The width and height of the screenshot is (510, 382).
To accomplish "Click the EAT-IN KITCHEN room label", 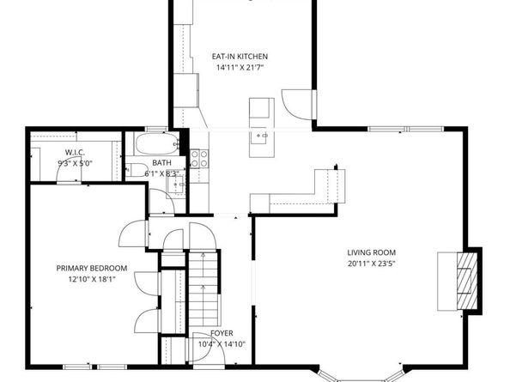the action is coord(240,57).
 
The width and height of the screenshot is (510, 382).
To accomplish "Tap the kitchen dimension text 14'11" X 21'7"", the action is coord(240,68).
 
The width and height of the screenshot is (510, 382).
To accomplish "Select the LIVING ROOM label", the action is coord(372,252).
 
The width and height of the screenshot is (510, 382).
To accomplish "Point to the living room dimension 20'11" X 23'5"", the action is coord(372,264).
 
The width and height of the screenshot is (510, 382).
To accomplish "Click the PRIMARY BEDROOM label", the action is coord(92,268).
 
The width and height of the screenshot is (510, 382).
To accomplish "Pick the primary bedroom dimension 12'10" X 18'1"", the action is coord(92,279).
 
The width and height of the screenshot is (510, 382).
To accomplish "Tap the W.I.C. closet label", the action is coord(75,152).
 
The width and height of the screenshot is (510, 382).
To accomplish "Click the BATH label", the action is coord(161,162).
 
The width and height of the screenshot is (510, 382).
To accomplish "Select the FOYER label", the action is coord(222,333).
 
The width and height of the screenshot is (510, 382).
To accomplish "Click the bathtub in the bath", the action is coord(157,143).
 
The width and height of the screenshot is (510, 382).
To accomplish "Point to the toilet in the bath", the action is coord(137,170).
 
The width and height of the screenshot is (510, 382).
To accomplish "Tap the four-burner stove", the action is coord(198,159).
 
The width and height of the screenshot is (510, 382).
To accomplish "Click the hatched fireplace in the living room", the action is coord(467,281).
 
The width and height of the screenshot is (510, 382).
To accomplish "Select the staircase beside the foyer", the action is coord(203,288).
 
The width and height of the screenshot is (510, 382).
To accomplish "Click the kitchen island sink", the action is coord(262,136).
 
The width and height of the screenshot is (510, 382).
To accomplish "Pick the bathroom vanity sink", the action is coord(176,185).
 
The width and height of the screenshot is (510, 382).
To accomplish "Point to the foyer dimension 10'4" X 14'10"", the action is coord(222,344).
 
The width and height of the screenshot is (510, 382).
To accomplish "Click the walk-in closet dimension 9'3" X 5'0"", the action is coord(76,163).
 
